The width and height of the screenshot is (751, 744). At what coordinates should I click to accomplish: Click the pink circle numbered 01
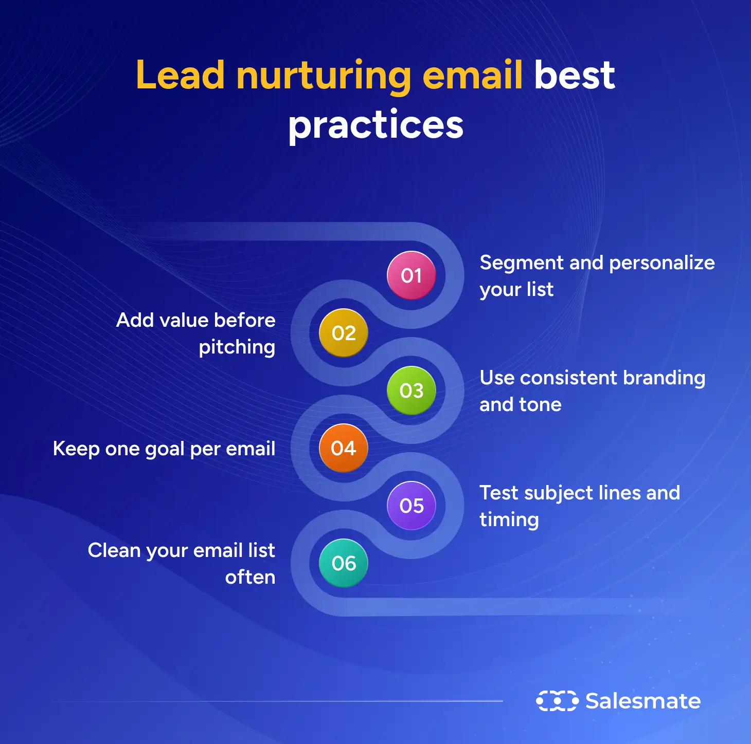(411, 275)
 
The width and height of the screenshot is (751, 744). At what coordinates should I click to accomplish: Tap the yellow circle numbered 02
(343, 333)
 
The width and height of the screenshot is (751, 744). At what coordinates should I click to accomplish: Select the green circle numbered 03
(411, 390)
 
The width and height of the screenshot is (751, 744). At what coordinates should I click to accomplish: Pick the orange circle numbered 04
(343, 448)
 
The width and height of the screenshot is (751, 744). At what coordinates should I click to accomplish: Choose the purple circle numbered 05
(411, 506)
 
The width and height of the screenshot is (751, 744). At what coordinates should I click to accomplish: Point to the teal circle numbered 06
(343, 563)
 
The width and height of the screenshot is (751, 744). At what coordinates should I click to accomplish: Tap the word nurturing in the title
(324, 78)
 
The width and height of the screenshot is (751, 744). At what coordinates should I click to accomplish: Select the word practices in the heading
(375, 125)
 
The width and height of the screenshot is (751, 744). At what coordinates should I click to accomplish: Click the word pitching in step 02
(237, 347)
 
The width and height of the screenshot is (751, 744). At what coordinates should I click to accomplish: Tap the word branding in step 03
(664, 379)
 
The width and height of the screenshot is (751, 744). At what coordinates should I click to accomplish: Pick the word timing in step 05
(509, 520)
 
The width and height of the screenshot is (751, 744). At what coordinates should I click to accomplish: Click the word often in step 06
(250, 577)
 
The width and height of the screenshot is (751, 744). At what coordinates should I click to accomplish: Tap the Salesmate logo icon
(557, 701)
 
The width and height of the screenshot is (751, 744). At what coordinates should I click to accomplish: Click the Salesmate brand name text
(643, 701)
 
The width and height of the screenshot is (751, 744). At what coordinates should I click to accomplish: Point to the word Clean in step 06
(114, 550)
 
